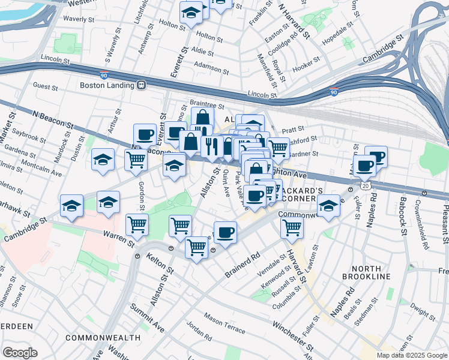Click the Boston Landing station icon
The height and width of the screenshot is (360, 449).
[x=142, y=85]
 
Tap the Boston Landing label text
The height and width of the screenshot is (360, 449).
[x=107, y=85]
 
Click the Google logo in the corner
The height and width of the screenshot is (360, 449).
[x=20, y=353]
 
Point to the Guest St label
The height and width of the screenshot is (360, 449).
[x=46, y=87]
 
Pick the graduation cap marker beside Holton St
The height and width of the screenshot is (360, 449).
[x=191, y=11]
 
